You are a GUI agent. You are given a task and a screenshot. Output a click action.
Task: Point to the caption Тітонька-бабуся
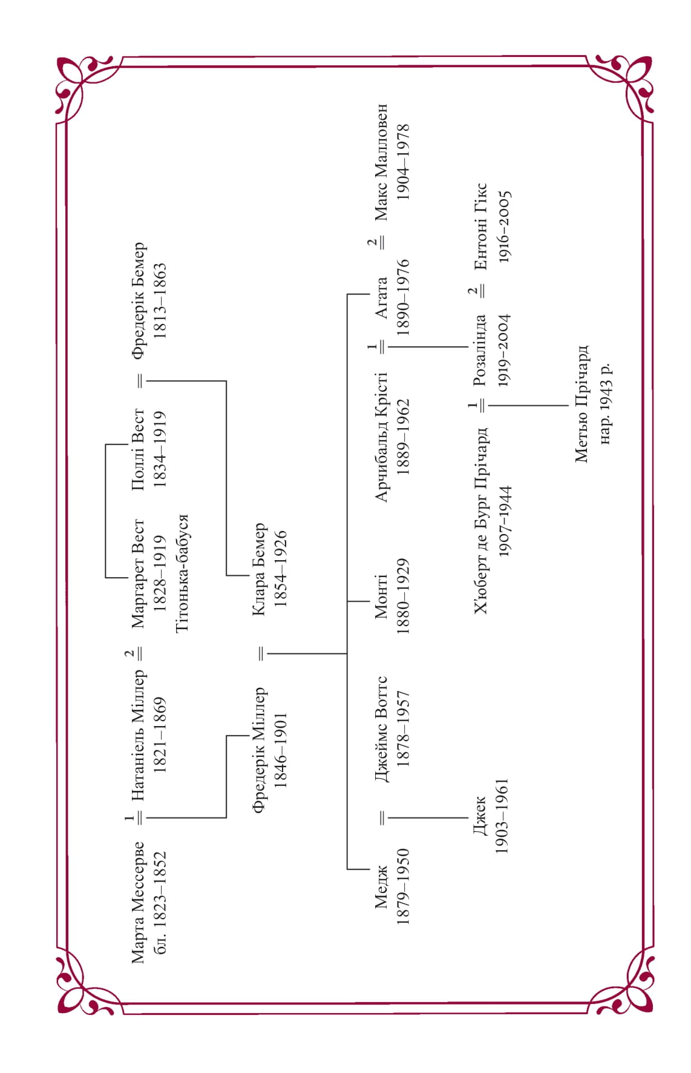click(182, 573)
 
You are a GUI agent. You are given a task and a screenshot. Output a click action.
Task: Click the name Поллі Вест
click(138, 450)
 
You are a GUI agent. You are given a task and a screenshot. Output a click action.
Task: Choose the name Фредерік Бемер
click(139, 300)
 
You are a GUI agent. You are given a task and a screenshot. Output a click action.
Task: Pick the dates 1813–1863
click(160, 300)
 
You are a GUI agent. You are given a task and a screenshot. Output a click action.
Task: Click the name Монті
click(381, 596)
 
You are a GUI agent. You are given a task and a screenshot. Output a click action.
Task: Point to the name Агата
click(381, 297)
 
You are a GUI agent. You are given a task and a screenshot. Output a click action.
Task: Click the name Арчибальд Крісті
click(381, 437)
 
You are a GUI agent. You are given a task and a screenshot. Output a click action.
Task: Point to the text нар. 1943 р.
click(604, 404)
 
